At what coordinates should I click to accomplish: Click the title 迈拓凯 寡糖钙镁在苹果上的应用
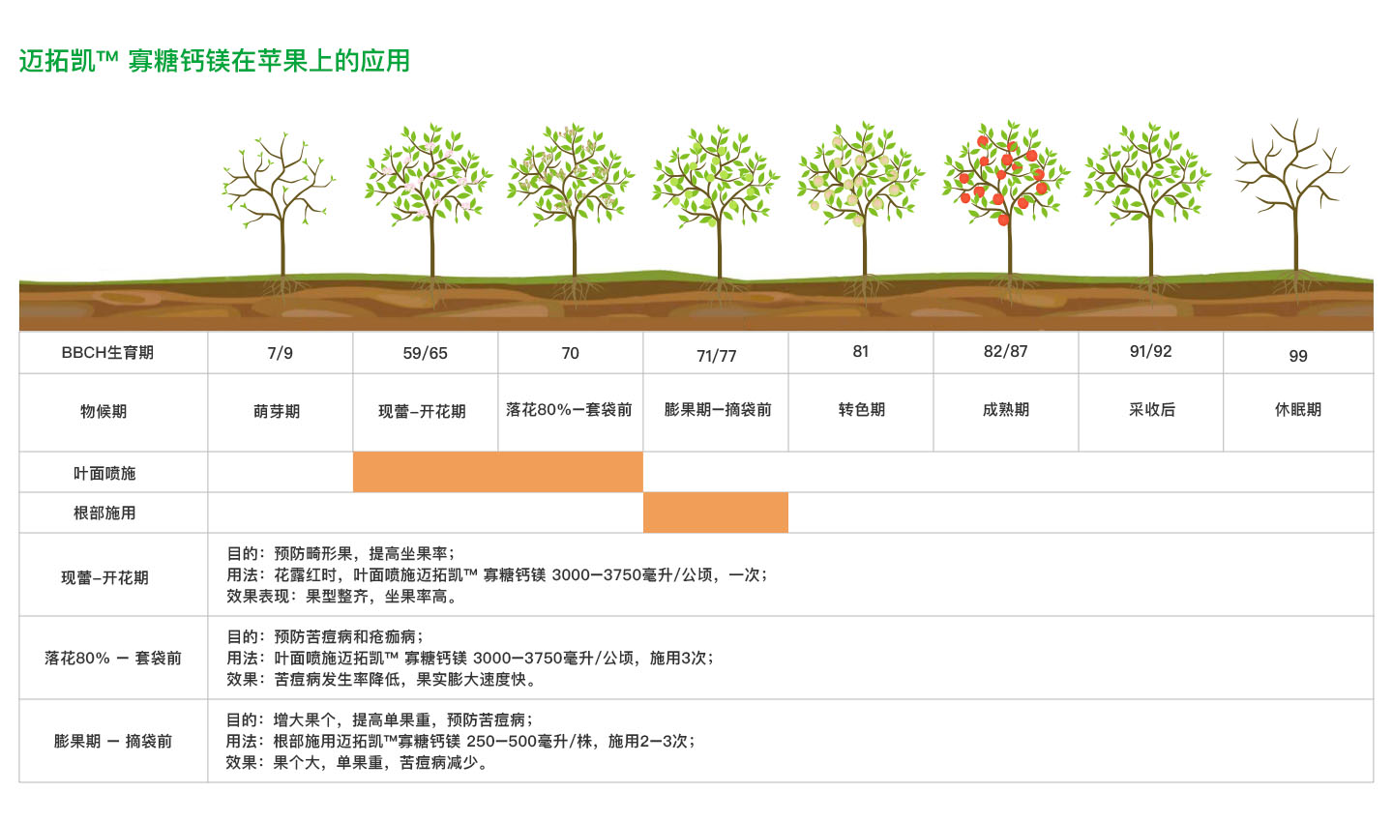click(215, 61)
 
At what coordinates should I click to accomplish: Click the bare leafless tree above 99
click(1292, 184)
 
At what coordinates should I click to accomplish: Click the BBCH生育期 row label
click(107, 353)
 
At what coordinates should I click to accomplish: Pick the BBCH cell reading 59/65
click(426, 353)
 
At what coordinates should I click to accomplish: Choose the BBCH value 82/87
click(1006, 351)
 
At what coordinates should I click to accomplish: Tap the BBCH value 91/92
click(1151, 351)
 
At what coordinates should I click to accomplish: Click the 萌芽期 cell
click(278, 411)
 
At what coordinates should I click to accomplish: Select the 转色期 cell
click(862, 409)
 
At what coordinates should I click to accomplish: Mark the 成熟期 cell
click(1006, 409)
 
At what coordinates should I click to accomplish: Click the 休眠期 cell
click(1298, 409)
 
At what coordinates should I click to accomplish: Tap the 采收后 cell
click(1152, 409)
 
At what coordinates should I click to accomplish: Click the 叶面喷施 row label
click(104, 473)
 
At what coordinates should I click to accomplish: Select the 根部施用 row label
click(104, 513)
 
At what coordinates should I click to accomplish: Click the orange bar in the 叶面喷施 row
click(497, 472)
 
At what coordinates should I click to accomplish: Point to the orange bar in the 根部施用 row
click(716, 513)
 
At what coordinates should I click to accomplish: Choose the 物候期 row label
click(104, 411)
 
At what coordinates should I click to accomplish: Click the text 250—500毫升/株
click(533, 741)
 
